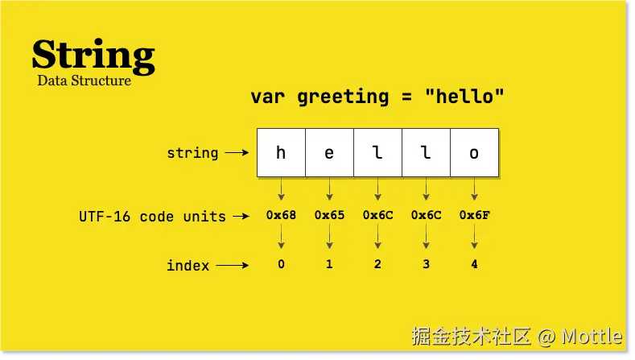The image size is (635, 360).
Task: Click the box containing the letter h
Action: (281, 152)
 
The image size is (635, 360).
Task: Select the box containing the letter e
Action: (329, 152)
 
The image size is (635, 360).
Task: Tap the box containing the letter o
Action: (474, 152)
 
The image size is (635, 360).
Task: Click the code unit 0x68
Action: (281, 215)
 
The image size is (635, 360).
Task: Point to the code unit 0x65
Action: (329, 215)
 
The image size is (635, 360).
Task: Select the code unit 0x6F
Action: (474, 215)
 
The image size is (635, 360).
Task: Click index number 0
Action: (281, 263)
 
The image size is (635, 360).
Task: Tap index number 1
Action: (329, 263)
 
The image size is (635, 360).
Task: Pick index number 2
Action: (377, 263)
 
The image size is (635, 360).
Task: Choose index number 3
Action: (426, 263)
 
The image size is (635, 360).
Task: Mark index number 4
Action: (474, 263)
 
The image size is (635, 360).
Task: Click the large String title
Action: (93, 55)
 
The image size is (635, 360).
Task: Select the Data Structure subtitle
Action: (84, 81)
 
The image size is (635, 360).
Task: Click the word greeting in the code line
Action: (343, 97)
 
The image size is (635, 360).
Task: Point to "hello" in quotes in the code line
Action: (465, 97)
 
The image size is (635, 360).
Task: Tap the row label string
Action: (192, 152)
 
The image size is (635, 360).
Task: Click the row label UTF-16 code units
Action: (152, 216)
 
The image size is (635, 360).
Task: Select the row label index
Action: (188, 265)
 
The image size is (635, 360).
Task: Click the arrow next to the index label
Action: (233, 264)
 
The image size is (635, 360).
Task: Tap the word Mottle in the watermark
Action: (592, 336)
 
